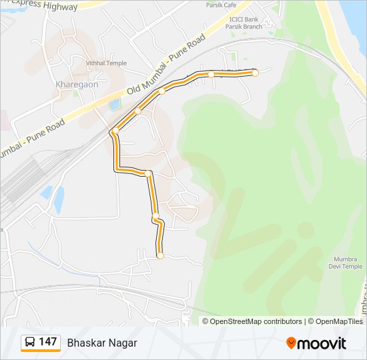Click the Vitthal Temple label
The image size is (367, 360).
[x=105, y=63]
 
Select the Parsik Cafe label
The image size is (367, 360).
[x=221, y=5]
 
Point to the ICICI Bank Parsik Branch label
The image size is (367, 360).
[x=245, y=23]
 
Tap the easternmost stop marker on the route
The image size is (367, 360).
[x=255, y=73]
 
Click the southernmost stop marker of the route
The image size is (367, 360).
[x=160, y=255]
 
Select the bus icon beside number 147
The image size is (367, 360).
[x=29, y=342]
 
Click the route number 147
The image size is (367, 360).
[x=47, y=342]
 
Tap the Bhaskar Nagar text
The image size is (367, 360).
[x=101, y=343]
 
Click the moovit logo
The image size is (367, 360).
[x=316, y=343]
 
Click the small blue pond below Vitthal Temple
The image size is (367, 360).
[x=115, y=105]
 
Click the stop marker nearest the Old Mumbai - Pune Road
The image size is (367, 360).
[x=138, y=111]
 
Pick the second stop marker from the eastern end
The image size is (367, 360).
[x=211, y=74]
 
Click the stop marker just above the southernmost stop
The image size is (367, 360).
[x=155, y=216]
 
